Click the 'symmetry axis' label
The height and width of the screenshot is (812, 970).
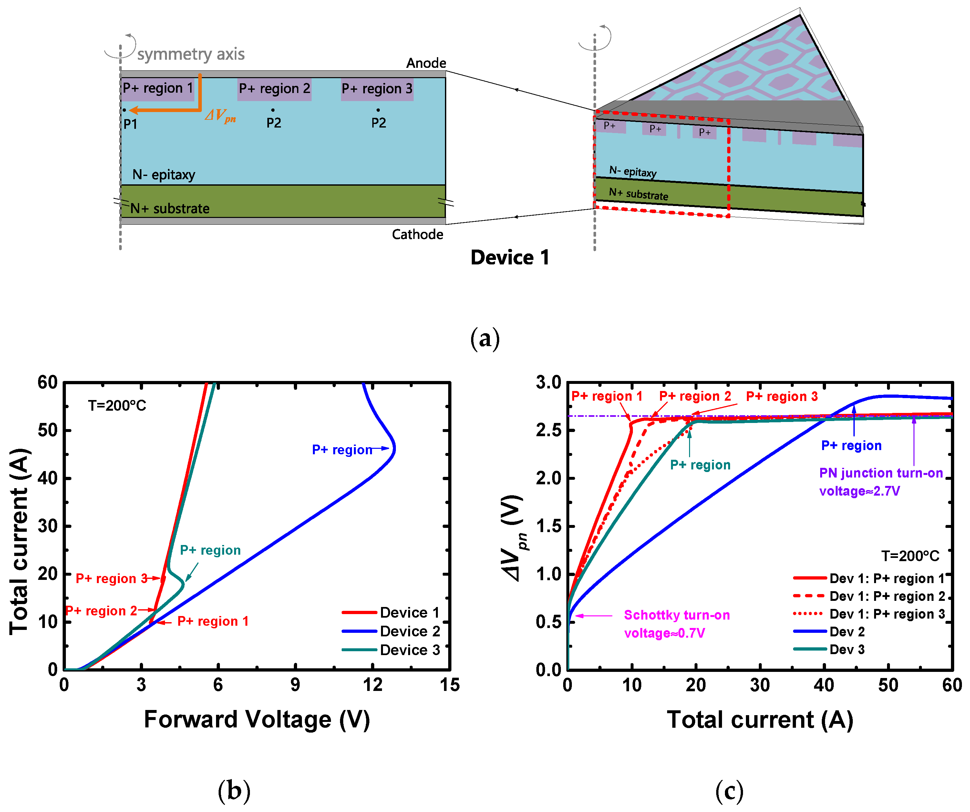pyautogui.click(x=191, y=55)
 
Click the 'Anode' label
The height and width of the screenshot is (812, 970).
pyautogui.click(x=426, y=63)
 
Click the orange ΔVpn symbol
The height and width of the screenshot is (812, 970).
pyautogui.click(x=220, y=116)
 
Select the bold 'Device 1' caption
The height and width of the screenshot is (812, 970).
pyautogui.click(x=510, y=257)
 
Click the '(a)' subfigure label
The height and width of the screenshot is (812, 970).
pyautogui.click(x=485, y=339)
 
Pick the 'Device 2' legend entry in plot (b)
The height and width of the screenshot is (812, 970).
pyautogui.click(x=409, y=631)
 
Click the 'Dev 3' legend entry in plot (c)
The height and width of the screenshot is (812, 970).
pyautogui.click(x=847, y=649)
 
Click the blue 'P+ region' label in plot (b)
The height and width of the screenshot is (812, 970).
pyautogui.click(x=342, y=449)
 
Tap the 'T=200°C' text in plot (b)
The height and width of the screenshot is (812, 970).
pyautogui.click(x=117, y=406)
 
